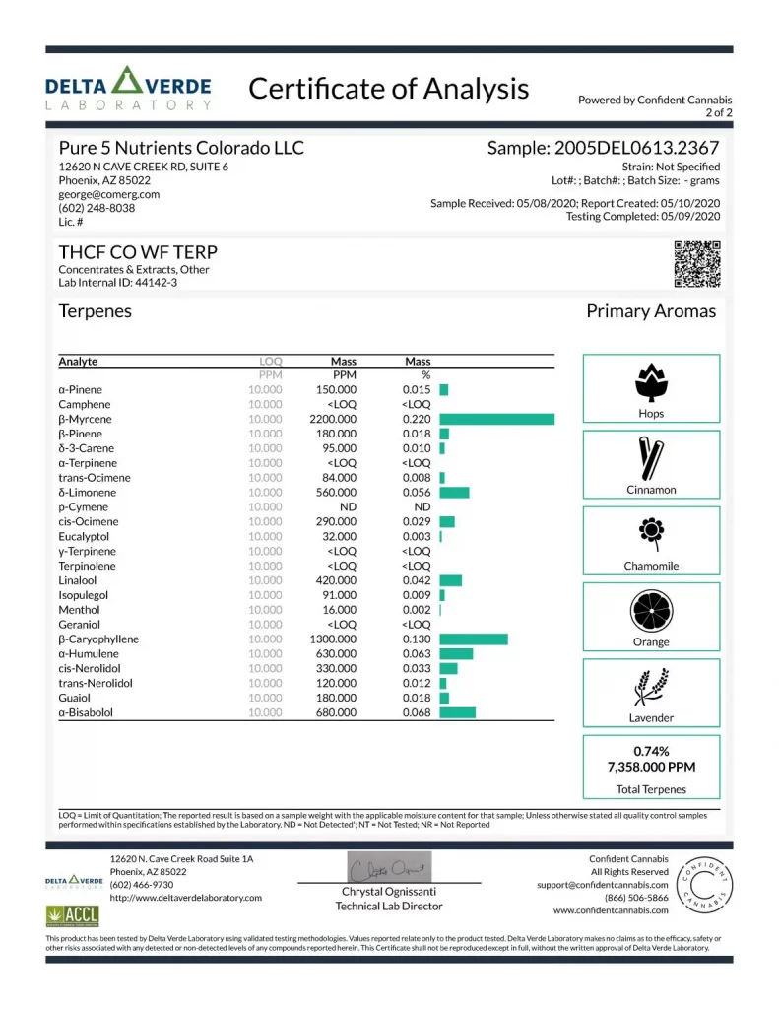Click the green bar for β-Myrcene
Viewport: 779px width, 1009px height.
(x=496, y=419)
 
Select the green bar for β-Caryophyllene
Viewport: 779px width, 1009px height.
(x=473, y=639)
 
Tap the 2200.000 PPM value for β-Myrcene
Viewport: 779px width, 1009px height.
(x=336, y=419)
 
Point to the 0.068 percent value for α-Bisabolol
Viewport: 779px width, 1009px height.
(x=416, y=712)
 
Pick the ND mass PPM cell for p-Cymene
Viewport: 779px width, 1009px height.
(x=347, y=506)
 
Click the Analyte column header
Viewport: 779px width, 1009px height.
(x=78, y=362)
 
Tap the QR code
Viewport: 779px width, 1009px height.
(x=696, y=264)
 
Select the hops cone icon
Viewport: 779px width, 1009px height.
(x=650, y=380)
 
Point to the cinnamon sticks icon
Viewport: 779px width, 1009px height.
(x=650, y=456)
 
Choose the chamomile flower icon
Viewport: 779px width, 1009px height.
(x=650, y=533)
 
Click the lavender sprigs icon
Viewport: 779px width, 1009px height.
(x=650, y=686)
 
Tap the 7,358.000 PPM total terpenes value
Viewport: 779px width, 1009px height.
(x=651, y=768)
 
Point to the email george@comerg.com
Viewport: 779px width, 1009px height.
(x=108, y=195)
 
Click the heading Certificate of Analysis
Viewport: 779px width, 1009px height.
(x=388, y=89)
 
